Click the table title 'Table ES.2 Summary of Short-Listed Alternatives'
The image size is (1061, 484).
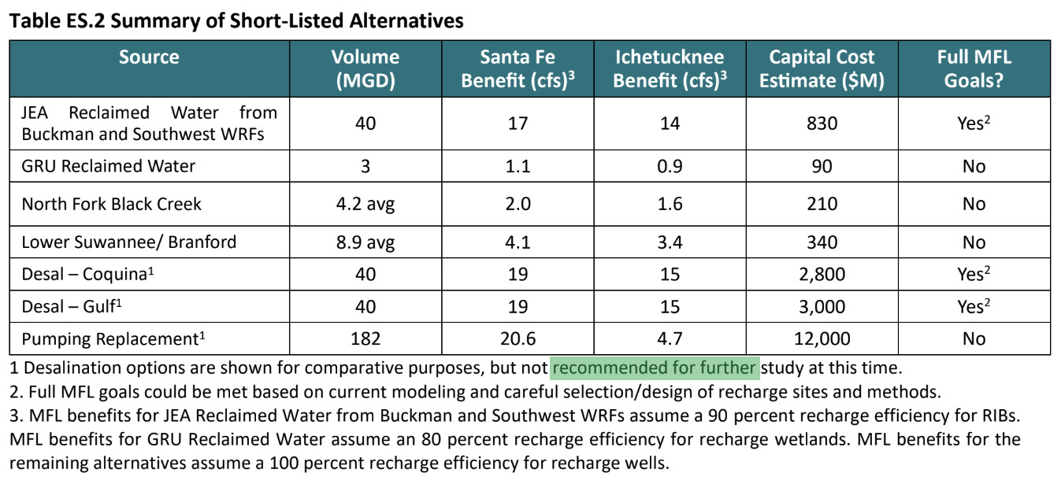(x=236, y=21)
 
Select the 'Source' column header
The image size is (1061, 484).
(x=149, y=57)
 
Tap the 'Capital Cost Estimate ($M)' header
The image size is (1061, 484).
(x=822, y=68)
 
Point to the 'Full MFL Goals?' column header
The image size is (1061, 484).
(x=974, y=68)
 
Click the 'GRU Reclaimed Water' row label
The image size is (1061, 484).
(x=108, y=166)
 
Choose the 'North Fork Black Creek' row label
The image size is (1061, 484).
(x=111, y=204)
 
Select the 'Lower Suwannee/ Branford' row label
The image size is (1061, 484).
(x=128, y=242)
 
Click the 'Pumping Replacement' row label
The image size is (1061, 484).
(x=108, y=338)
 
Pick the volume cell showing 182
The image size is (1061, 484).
(x=365, y=338)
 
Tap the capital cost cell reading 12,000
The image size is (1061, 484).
(x=822, y=338)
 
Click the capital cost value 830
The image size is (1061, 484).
(x=822, y=124)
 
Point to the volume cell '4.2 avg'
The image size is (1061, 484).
(x=365, y=204)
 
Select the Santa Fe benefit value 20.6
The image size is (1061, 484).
(x=518, y=338)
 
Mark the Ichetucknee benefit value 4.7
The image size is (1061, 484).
(x=669, y=338)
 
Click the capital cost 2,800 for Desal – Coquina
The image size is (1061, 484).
(x=822, y=275)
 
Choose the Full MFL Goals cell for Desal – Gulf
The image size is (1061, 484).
(x=974, y=307)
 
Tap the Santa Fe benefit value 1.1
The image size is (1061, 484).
(x=518, y=166)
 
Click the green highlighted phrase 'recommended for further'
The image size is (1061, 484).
(x=655, y=368)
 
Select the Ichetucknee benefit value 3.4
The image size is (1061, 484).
(x=669, y=242)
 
